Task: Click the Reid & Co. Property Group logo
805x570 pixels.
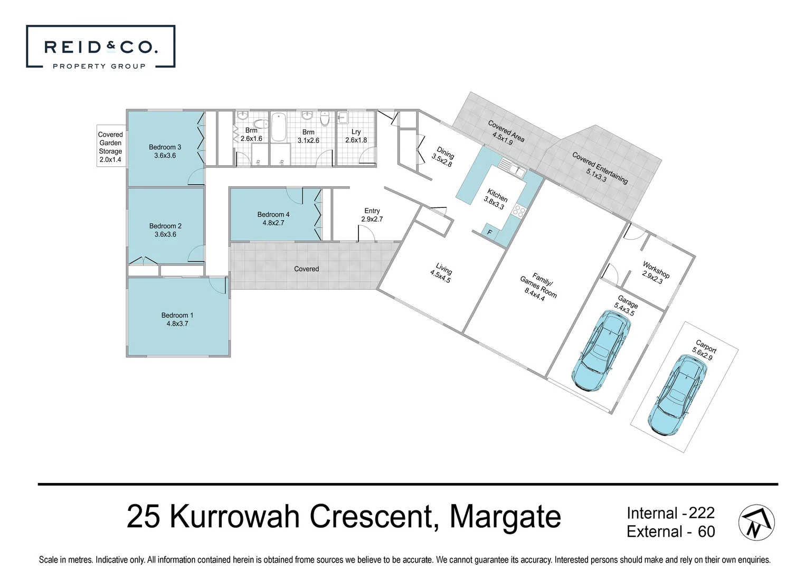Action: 100,47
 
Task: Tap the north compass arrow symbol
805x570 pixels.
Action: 756,522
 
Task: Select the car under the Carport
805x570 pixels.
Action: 678,394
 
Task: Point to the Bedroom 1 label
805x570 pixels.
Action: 177,319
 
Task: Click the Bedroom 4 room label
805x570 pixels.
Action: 273,218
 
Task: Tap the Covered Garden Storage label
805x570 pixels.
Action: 110,147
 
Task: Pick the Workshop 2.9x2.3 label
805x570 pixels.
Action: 655,273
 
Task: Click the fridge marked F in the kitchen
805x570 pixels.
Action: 489,232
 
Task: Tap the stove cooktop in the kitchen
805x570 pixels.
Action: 519,212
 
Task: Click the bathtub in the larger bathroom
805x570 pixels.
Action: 278,126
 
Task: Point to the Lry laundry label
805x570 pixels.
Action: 356,136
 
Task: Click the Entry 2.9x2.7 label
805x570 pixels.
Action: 372,215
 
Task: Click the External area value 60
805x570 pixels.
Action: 706,531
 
